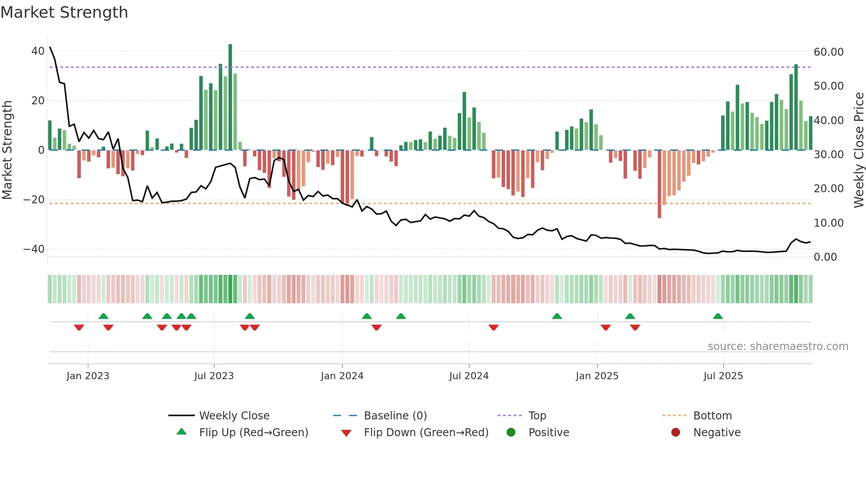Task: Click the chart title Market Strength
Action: [64, 12]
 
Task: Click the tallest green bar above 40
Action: [230, 97]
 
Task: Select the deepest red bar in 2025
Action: [659, 183]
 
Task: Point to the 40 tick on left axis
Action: [38, 51]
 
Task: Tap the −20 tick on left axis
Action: [34, 200]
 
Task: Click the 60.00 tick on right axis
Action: [828, 52]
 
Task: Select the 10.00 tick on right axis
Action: [828, 223]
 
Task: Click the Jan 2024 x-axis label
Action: [342, 376]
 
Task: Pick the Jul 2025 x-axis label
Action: [723, 376]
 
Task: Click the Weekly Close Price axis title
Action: [858, 150]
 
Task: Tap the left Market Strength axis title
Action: [8, 150]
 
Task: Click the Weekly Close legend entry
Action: [234, 416]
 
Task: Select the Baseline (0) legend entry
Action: [395, 416]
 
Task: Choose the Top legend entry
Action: [537, 416]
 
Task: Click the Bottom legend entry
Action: [712, 416]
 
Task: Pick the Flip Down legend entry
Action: [425, 433]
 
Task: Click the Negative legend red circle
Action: [676, 432]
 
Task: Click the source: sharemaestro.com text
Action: [778, 346]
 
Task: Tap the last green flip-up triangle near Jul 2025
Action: [718, 316]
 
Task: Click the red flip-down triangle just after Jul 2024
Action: [494, 327]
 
